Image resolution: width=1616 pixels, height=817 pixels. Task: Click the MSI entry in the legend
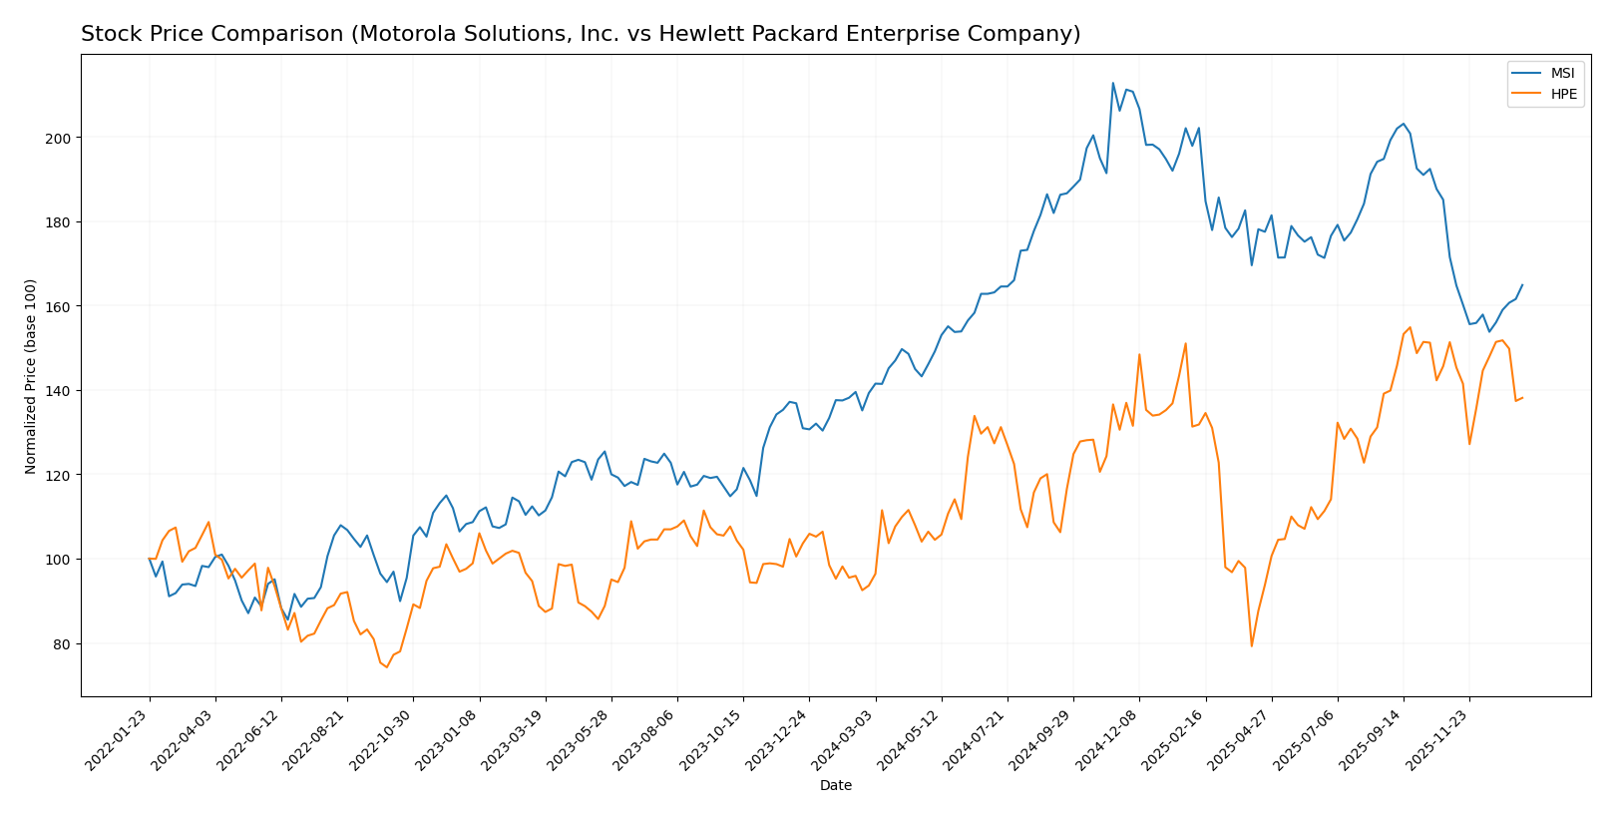point(1562,74)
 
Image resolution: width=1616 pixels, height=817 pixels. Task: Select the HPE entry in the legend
point(1563,94)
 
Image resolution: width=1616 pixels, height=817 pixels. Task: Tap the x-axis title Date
point(835,786)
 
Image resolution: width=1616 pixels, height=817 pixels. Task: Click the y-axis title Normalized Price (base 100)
point(31,376)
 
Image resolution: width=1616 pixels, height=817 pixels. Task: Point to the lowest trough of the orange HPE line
point(386,667)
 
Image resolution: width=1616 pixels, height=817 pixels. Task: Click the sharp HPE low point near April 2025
point(1251,646)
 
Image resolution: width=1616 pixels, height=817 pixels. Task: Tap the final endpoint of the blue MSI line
point(1522,284)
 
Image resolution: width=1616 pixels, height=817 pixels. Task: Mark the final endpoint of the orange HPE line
point(1522,398)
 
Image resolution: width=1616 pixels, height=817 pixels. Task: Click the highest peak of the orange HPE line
point(1410,327)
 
